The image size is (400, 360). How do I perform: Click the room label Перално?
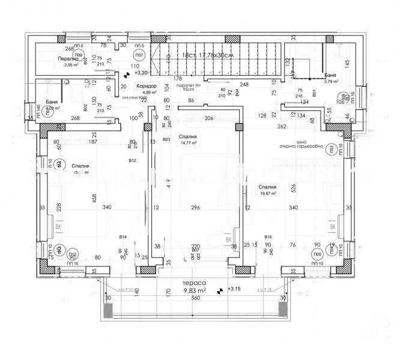(x=70, y=59)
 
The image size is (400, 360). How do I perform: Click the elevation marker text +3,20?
(x=141, y=73)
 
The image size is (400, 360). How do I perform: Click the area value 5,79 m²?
(x=331, y=81)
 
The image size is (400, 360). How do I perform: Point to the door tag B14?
(x=123, y=237)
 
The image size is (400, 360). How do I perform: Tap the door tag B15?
(x=268, y=237)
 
